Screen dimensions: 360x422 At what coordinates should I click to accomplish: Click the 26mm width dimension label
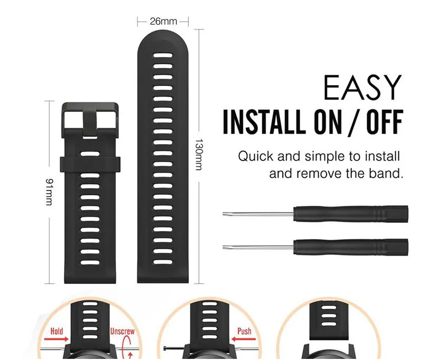163,22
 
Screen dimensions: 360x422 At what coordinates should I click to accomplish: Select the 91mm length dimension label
49,192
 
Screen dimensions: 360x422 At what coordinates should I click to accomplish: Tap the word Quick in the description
254,156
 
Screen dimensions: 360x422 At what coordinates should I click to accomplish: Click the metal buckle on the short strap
91,117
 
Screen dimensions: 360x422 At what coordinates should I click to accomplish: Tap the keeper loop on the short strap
90,163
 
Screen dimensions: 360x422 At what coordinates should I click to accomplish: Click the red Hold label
56,332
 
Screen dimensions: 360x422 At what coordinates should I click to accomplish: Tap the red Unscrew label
122,332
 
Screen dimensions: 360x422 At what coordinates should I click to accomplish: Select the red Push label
243,332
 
